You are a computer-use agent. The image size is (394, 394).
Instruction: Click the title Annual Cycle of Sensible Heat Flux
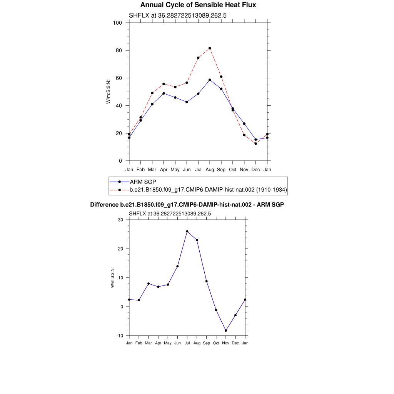click(x=198, y=5)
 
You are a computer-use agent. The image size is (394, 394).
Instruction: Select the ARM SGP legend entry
click(x=142, y=182)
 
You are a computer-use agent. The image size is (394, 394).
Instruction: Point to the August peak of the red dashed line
click(x=210, y=48)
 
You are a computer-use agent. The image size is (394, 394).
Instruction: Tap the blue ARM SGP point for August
click(x=210, y=80)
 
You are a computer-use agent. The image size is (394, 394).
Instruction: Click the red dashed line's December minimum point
click(x=256, y=144)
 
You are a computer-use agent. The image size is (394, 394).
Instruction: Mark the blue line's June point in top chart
click(x=187, y=102)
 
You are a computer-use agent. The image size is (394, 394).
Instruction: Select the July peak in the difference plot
click(x=187, y=231)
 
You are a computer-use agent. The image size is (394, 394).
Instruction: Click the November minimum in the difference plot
click(x=226, y=331)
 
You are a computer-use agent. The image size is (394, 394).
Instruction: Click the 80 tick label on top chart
click(x=119, y=50)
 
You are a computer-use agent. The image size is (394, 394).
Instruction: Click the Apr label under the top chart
click(x=164, y=170)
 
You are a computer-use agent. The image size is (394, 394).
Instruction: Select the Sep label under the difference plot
click(x=206, y=343)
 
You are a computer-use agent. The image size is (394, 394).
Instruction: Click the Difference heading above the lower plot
click(x=187, y=205)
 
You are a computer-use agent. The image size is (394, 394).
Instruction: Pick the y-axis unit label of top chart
click(x=109, y=91)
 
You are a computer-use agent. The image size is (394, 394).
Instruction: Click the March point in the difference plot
click(x=149, y=284)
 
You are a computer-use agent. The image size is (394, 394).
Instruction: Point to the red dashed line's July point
click(x=198, y=58)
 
